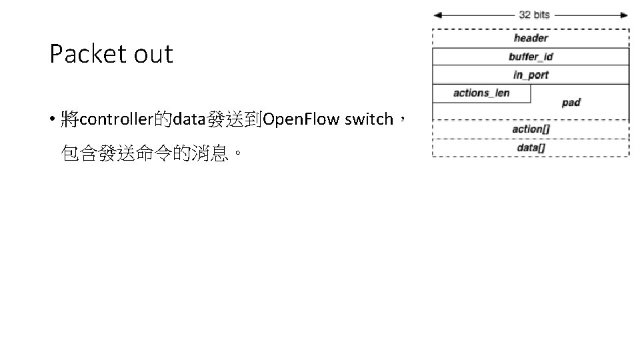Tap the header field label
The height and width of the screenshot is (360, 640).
point(531,39)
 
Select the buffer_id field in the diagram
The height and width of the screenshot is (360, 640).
point(531,57)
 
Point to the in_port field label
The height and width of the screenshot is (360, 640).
point(531,75)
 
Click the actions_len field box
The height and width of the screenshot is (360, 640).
point(481,93)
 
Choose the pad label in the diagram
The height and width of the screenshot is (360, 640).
point(571,103)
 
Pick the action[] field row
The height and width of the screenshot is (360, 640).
point(531,129)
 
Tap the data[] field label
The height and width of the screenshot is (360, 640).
point(531,147)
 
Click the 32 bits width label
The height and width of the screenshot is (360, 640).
point(535,15)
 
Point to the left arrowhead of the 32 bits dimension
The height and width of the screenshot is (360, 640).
point(437,15)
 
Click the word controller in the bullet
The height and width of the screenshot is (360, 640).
point(116,120)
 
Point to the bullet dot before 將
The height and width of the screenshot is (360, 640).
point(51,121)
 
